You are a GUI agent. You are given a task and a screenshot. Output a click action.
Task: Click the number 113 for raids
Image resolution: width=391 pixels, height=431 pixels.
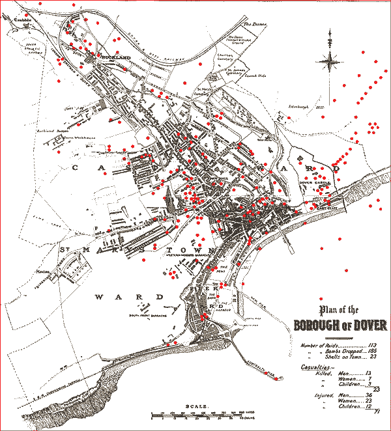(373, 345)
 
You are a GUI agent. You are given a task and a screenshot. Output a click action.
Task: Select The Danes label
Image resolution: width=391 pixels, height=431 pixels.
(252, 25)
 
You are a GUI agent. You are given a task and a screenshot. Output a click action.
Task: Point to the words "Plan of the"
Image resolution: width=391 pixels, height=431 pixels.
(341, 310)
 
